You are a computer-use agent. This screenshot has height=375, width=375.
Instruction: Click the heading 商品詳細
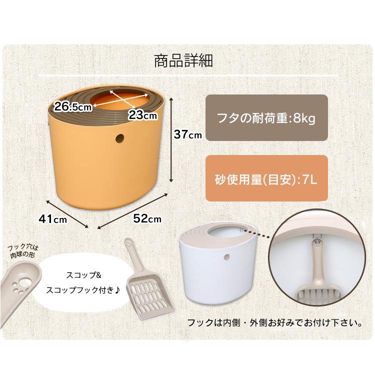tap(183, 61)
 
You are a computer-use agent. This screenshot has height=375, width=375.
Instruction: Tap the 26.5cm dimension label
tap(72, 106)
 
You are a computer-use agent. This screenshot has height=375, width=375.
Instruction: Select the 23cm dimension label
tap(143, 115)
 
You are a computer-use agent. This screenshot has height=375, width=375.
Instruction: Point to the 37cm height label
tap(187, 134)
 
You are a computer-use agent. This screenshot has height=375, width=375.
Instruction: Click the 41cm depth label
tap(53, 219)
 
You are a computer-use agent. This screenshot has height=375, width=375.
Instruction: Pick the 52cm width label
tap(147, 218)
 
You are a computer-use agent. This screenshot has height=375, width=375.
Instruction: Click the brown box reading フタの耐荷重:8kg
tap(266, 117)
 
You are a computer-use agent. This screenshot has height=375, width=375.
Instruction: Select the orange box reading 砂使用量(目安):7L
tap(266, 178)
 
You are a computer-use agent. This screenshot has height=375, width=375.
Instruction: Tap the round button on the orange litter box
tap(119, 138)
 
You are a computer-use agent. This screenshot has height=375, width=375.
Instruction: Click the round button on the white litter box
tap(226, 257)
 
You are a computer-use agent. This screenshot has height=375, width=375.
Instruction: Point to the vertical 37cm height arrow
tap(171, 139)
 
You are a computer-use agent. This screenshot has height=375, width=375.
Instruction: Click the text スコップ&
tap(83, 275)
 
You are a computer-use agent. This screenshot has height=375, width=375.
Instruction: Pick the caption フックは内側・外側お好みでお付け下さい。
tap(274, 323)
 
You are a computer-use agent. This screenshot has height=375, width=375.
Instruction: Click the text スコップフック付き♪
tap(83, 290)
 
